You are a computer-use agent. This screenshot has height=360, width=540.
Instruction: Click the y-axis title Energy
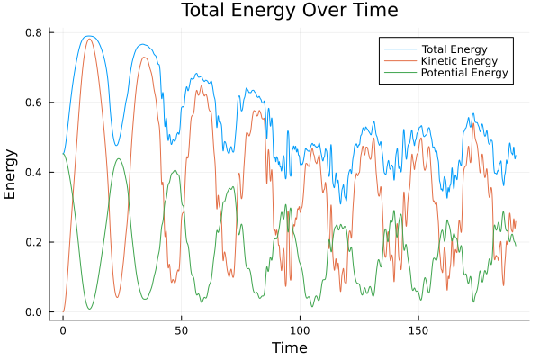coord(11,174)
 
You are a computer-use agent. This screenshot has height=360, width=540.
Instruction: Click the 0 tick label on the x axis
coord(63,329)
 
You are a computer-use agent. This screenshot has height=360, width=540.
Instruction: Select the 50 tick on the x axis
coord(181,329)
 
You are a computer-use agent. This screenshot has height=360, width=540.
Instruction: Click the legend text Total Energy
coord(455,48)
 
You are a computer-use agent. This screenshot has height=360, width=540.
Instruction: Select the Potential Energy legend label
coord(464,73)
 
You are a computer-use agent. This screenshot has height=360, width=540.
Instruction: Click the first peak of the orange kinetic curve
coord(88,39)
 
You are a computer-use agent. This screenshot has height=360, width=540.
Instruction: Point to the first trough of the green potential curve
coord(89,309)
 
